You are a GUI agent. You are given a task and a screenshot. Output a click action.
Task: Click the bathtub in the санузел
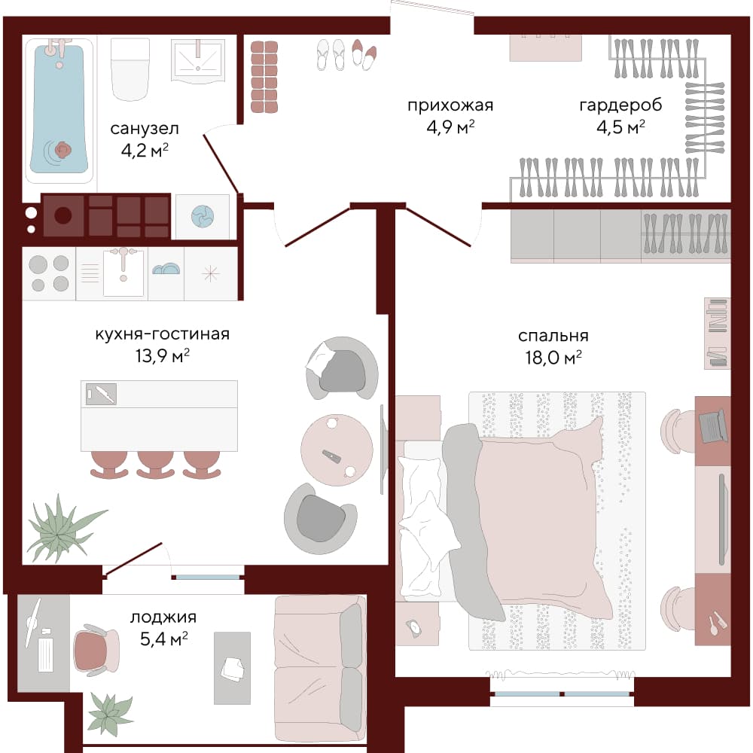coord(59,111)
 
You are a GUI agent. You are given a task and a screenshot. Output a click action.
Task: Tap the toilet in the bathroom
coord(130,69)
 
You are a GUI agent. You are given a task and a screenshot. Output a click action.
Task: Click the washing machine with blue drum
coord(202,216)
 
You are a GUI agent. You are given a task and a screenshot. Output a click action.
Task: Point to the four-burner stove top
coord(49,273)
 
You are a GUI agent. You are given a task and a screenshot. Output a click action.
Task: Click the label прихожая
coord(450,105)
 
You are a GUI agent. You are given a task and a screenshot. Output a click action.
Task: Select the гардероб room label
coord(620,105)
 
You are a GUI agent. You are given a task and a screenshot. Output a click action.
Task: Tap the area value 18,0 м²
coord(553,357)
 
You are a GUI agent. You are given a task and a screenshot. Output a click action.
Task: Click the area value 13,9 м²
coord(163,356)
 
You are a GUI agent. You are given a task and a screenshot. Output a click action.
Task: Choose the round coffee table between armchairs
coord(337,450)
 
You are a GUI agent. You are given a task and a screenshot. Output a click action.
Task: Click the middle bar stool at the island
coord(155,465)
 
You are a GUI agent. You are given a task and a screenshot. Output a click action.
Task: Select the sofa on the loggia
coord(320,669)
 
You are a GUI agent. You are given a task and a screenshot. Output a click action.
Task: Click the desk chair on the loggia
coord(96,650)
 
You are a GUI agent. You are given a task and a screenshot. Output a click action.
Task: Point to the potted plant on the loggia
coord(110,714)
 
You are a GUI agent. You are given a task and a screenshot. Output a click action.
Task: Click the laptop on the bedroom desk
coord(713,425)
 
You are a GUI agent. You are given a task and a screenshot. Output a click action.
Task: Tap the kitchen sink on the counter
coord(123,273)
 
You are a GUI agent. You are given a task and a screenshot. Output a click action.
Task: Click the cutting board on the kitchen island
coord(101,394)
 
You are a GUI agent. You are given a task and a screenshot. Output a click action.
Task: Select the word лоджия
coord(163,618)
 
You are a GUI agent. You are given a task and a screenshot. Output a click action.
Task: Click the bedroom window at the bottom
coord(562,694)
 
